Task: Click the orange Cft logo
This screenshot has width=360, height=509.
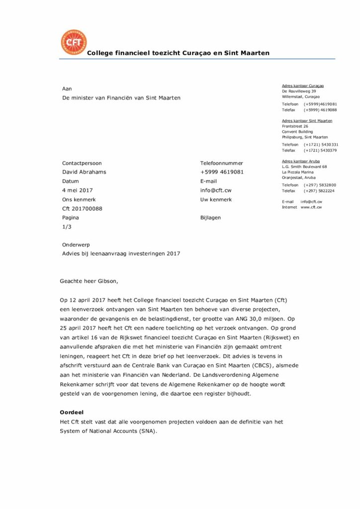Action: tap(73, 43)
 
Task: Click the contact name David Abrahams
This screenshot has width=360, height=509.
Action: tap(84, 172)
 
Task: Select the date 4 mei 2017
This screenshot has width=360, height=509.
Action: tap(77, 190)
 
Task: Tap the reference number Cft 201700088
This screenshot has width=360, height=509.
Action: tap(82, 209)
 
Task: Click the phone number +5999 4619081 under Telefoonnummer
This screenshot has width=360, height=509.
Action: tap(222, 172)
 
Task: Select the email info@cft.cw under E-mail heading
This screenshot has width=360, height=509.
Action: tap(216, 190)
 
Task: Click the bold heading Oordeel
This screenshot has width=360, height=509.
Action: tap(71, 413)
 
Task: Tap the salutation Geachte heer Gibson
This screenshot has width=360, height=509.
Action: tap(90, 281)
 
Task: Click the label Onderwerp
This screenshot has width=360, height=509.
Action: tap(76, 245)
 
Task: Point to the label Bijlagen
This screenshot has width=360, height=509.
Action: tap(210, 218)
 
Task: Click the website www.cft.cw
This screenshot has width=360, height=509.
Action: tap(311, 207)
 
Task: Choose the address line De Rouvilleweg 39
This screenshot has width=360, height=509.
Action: tap(299, 91)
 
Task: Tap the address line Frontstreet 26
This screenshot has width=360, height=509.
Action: tap(295, 126)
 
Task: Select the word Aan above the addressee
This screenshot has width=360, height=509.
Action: tap(67, 88)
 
